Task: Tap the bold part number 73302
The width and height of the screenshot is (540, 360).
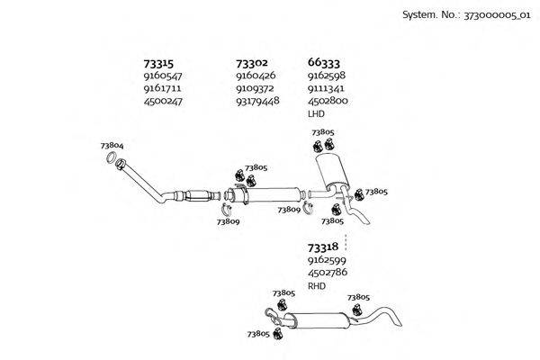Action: [x=251, y=64]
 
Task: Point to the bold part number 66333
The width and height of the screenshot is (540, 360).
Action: [x=324, y=64]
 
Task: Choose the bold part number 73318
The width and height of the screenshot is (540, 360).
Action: [x=322, y=247]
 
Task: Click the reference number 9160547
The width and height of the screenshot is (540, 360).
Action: [x=163, y=77]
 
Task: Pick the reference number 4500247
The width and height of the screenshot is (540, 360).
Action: [x=163, y=102]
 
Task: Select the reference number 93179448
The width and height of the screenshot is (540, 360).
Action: [x=257, y=102]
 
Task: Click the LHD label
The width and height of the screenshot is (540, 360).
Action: [x=316, y=114]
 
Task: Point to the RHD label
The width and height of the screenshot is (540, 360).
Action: [x=316, y=285]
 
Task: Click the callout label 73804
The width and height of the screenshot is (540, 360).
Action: [x=112, y=146]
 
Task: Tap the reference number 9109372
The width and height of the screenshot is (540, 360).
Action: [x=256, y=89]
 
